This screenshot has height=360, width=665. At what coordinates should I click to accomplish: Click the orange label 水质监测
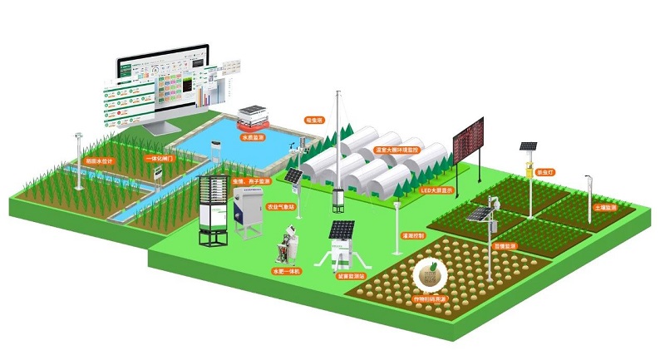pyautogui.click(x=253, y=137)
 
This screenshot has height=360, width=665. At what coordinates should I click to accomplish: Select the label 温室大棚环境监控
pyautogui.click(x=399, y=150)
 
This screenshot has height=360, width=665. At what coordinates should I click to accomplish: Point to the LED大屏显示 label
pyautogui.click(x=436, y=190)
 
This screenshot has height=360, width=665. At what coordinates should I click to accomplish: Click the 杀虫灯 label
pyautogui.click(x=545, y=171)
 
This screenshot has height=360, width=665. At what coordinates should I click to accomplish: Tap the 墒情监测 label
pyautogui.click(x=505, y=247)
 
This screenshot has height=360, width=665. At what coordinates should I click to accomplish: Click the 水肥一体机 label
pyautogui.click(x=287, y=272)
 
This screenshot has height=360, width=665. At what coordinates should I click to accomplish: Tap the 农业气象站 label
pyautogui.click(x=278, y=205)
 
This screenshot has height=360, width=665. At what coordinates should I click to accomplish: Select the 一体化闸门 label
pyautogui.click(x=160, y=157)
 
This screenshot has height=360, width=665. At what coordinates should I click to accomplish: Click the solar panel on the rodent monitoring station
pyautogui.click(x=342, y=229)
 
